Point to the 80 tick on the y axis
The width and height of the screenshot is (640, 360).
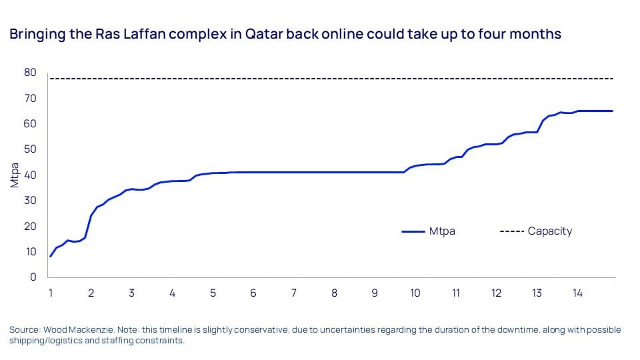(x=30, y=73)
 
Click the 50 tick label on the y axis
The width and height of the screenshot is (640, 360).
(x=30, y=149)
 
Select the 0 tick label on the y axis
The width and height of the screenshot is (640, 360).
(x=33, y=277)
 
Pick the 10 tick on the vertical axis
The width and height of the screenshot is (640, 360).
(x=31, y=252)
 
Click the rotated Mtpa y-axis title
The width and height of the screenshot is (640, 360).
(x=14, y=175)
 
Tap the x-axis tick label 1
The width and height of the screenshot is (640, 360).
(x=50, y=293)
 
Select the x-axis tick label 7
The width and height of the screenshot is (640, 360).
(x=294, y=293)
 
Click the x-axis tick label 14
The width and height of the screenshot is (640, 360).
(x=577, y=293)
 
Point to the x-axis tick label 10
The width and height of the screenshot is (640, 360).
(x=415, y=293)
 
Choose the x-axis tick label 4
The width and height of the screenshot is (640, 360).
(x=172, y=293)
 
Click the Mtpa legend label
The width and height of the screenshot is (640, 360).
(x=442, y=231)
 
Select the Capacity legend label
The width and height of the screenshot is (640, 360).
(x=550, y=231)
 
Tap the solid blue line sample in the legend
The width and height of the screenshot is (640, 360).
(x=413, y=232)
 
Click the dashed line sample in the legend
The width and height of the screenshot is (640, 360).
(x=512, y=232)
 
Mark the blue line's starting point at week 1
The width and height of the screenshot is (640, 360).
(x=50, y=256)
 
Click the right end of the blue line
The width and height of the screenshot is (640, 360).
(x=612, y=111)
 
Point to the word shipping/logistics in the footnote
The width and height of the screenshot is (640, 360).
(x=46, y=340)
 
